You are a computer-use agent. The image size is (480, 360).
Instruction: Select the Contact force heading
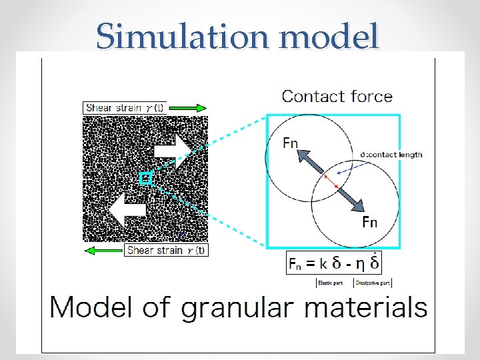[337, 96]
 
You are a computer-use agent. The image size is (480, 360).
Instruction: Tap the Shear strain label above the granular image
[126, 108]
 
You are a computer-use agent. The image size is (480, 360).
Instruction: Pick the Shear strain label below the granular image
[166, 251]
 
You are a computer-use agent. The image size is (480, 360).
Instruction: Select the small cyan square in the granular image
[147, 179]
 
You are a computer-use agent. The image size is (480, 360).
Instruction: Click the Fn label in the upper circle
[290, 143]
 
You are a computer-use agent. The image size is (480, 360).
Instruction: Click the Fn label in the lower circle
[369, 222]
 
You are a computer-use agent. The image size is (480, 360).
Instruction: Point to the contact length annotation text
[391, 155]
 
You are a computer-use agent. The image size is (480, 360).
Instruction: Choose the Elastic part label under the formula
[330, 283]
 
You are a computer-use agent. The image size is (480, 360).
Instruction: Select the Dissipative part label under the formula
[373, 283]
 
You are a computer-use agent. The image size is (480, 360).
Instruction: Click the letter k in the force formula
[323, 263]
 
